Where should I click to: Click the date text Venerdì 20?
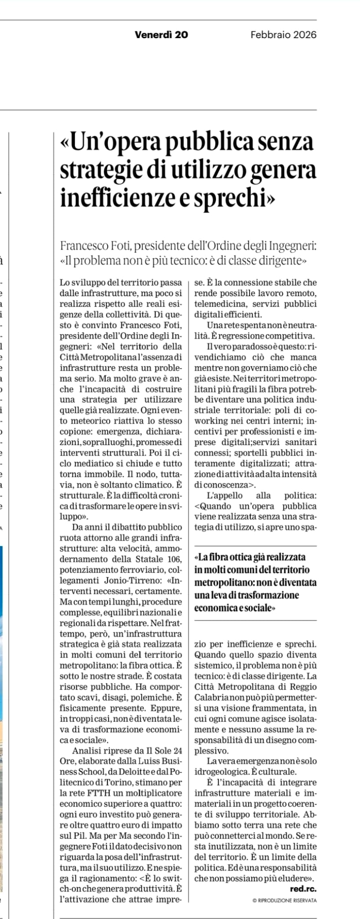tap(161, 35)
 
